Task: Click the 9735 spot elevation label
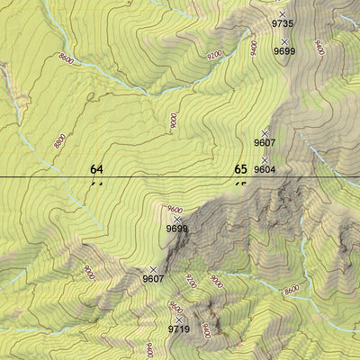pos(283,25)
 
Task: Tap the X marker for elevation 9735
pos(283,14)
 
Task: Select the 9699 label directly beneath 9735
pos(284,52)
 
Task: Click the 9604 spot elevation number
pos(265,169)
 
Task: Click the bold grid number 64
pos(97,168)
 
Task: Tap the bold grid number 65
pos(240,168)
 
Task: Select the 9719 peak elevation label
pos(178,330)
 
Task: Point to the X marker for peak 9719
pos(179,319)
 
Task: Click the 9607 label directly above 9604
pos(265,142)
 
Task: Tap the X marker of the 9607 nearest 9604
pos(265,132)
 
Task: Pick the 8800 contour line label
pos(59,141)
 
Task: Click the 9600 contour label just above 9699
pos(175,210)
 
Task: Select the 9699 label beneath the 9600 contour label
pos(177,229)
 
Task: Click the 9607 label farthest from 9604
pos(153,279)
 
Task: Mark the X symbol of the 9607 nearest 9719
pos(153,269)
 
